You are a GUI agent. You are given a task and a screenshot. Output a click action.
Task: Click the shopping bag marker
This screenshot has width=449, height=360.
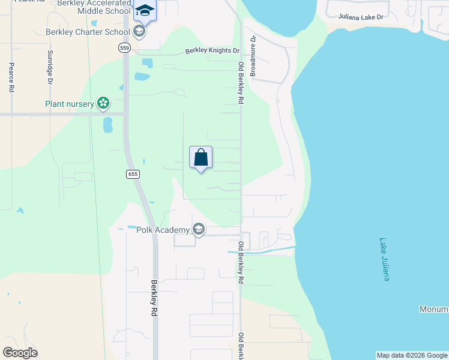[201, 158]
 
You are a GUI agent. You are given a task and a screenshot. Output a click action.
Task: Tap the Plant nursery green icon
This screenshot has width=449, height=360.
[103, 104]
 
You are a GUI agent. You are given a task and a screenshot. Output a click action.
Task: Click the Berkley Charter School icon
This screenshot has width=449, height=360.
[139, 32]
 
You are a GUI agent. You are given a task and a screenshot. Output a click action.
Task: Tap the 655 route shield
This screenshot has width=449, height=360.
[133, 174]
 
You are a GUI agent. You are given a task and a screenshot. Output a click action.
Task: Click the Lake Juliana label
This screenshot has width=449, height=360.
[387, 260]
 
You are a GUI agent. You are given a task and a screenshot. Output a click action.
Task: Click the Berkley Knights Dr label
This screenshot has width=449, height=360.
[212, 52]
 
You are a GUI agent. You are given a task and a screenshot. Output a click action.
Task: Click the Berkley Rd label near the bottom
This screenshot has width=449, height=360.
[154, 298]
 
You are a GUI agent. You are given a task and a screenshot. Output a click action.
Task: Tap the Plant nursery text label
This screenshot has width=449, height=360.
[70, 104]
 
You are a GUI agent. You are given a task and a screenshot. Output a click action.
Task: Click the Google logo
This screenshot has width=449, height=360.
[20, 353]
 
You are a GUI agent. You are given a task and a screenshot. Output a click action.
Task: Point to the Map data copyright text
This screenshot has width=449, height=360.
[412, 355]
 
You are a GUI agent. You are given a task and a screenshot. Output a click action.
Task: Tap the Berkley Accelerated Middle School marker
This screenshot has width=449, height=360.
[144, 10]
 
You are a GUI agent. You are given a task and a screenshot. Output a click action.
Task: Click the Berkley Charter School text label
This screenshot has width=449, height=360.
[88, 32]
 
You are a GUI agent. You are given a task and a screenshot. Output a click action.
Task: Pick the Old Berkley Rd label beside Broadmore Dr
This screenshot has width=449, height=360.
[241, 83]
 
